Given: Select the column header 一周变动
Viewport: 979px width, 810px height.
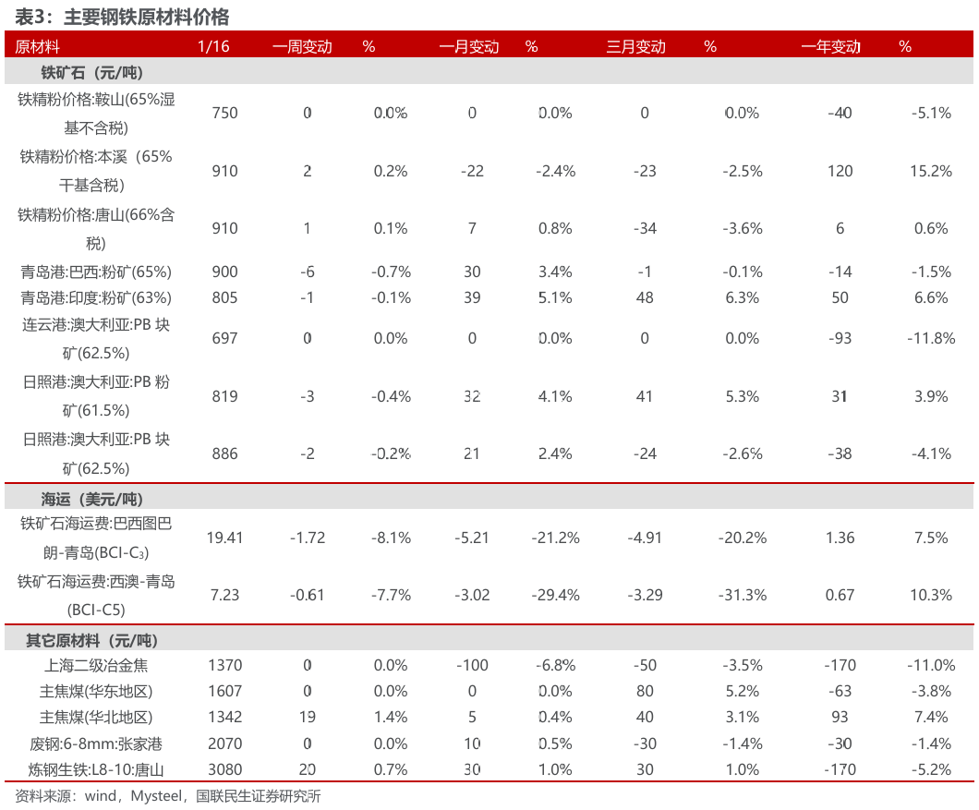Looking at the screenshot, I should tap(302, 46).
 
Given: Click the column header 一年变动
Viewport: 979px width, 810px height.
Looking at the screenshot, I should tap(830, 46).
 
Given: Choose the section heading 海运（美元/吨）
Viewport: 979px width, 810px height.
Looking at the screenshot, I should tap(91, 499).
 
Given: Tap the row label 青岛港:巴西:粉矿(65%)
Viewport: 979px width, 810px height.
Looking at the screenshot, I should tap(96, 272).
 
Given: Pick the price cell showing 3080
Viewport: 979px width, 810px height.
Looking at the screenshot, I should tap(224, 769).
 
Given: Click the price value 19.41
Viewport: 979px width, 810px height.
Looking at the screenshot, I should tap(224, 538).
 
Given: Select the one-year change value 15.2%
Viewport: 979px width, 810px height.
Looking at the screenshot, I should tap(929, 171).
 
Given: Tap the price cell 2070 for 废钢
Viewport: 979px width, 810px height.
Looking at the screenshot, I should tap(224, 744).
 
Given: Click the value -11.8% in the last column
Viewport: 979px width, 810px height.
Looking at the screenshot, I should tap(929, 338).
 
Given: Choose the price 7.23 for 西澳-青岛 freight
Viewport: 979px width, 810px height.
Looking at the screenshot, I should tap(224, 595).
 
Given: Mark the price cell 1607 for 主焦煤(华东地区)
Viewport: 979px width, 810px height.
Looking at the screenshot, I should tap(224, 691).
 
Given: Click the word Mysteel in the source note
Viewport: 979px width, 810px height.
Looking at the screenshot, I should tap(156, 796).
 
